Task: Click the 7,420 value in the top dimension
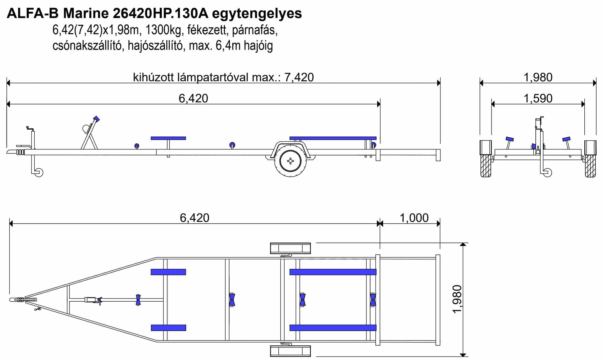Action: coord(299,77)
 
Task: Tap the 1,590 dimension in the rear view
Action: coord(538,98)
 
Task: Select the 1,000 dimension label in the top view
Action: coord(414,218)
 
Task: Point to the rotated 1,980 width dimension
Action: coord(457,299)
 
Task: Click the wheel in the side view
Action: coord(290,161)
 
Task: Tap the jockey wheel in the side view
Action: coord(39,172)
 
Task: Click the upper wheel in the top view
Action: coord(290,248)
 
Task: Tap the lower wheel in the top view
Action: coord(290,351)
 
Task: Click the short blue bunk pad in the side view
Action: coord(168,138)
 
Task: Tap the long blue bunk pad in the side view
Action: coord(333,138)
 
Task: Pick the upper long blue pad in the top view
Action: coord(333,272)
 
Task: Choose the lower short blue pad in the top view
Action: coord(168,328)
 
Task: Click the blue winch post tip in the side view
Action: coord(97,119)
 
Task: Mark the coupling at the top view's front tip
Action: coord(17,300)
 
